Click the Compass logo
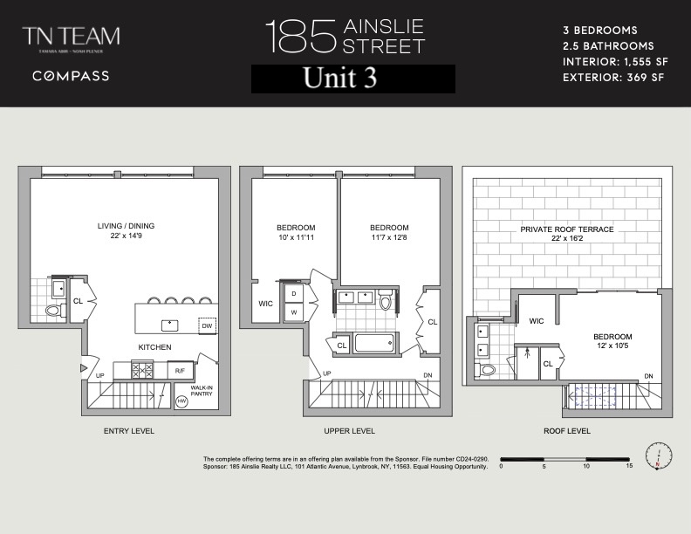71,76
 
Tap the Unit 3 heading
352,79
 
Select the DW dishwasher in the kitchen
207,325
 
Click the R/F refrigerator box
180,371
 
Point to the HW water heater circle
182,401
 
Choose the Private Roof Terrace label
567,233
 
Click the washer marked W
293,311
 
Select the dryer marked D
293,293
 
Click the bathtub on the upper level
376,341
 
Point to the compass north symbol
659,455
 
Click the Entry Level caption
128,431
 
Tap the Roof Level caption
566,431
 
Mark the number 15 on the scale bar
628,466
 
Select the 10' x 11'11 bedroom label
295,233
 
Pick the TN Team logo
71,39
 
